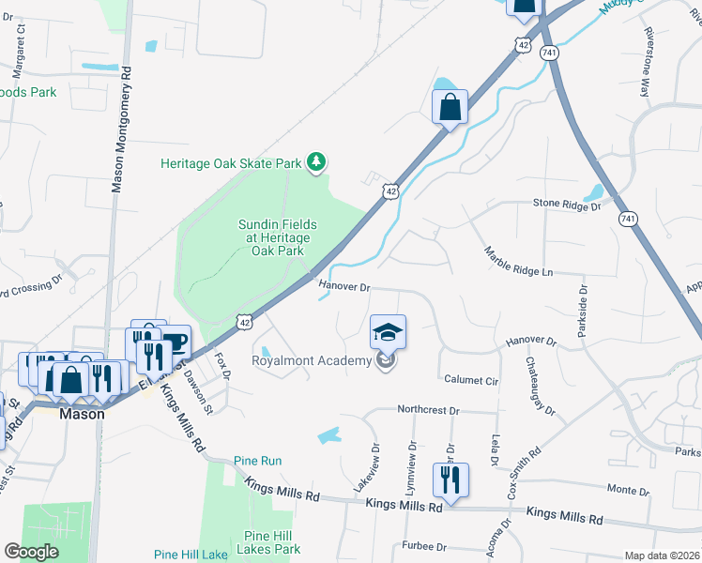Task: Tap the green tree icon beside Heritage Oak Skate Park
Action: tap(318, 163)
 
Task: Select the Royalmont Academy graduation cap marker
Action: tap(389, 332)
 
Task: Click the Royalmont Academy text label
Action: tap(313, 360)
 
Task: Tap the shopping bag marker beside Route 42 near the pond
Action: tap(450, 107)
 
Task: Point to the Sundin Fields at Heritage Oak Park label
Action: tap(277, 237)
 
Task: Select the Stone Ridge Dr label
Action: tap(566, 204)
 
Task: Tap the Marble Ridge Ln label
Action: tap(519, 262)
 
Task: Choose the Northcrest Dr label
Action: tap(428, 411)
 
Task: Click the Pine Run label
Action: tap(258, 461)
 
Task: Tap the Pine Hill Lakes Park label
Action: tap(271, 541)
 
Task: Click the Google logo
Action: tap(32, 552)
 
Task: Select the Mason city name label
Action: tap(82, 413)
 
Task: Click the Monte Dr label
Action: tap(628, 490)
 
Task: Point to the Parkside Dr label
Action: tap(584, 314)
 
